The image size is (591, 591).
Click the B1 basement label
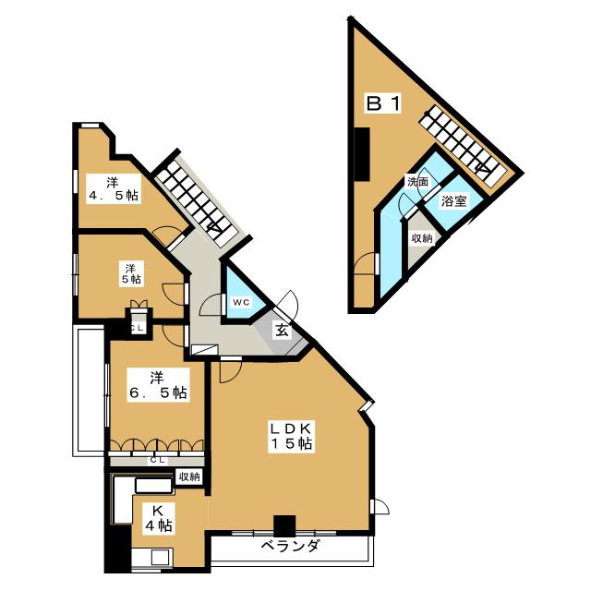382,104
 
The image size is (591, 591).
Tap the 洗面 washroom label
417,183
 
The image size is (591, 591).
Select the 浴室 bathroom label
452,200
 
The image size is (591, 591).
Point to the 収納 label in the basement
422,238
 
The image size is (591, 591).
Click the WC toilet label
240,302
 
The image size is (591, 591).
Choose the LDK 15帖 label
293,436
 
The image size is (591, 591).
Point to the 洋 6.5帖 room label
157,384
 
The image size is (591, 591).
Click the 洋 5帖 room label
130,272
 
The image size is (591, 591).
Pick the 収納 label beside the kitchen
189,476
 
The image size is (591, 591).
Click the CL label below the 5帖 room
137,328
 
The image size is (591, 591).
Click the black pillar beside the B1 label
364,153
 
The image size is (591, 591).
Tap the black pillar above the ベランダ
284,525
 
